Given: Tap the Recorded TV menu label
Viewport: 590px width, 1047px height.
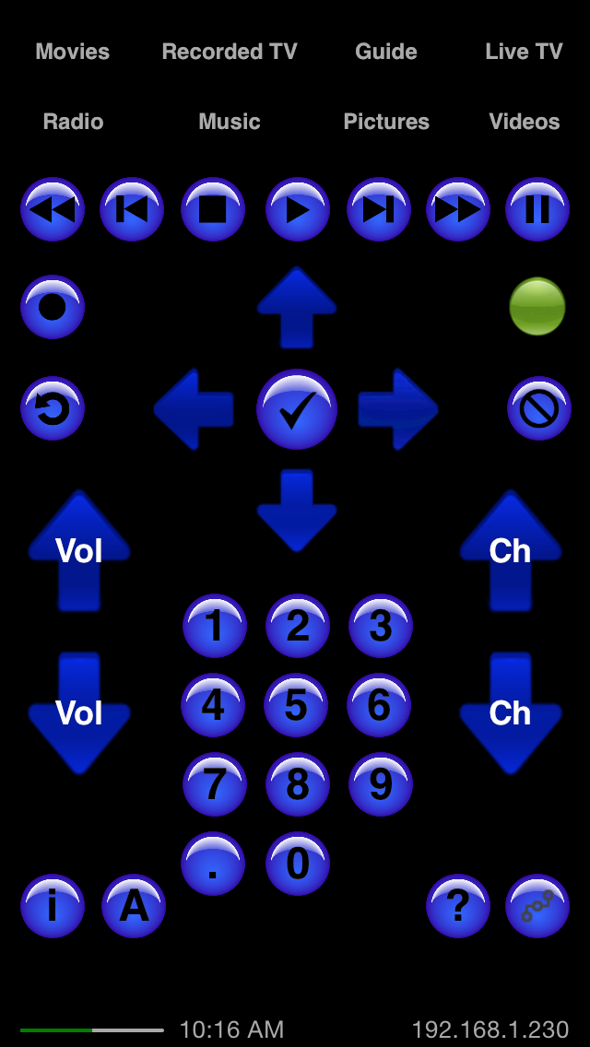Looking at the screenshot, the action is click(230, 52).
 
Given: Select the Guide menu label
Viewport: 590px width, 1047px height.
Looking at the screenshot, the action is click(386, 52).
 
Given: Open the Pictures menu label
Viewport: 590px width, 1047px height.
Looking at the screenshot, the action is click(386, 122).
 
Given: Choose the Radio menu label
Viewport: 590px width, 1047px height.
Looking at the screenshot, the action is click(73, 122).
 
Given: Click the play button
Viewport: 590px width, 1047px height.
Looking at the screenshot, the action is click(298, 209).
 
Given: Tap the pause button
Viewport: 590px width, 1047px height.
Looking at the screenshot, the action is click(537, 209).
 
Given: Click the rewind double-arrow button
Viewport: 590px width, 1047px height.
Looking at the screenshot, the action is click(53, 209).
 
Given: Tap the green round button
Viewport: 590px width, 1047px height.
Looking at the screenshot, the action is click(537, 307).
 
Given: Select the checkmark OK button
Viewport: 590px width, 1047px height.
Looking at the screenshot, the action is click(297, 409).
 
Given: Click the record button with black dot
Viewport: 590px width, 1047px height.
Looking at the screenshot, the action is click(53, 307).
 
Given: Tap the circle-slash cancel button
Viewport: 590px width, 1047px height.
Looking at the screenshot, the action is click(538, 408).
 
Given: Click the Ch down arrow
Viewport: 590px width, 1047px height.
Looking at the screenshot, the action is click(511, 713).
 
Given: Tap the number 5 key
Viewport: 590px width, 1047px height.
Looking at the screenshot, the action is click(296, 705).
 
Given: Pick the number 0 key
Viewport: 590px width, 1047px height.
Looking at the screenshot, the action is click(298, 864).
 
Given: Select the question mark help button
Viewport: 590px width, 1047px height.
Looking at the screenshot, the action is click(457, 906).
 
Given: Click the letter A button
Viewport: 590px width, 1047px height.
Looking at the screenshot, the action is click(134, 906).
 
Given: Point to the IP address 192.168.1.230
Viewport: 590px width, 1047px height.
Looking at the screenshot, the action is click(490, 1029).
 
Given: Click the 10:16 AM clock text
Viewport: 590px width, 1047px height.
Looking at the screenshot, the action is click(232, 1029).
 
